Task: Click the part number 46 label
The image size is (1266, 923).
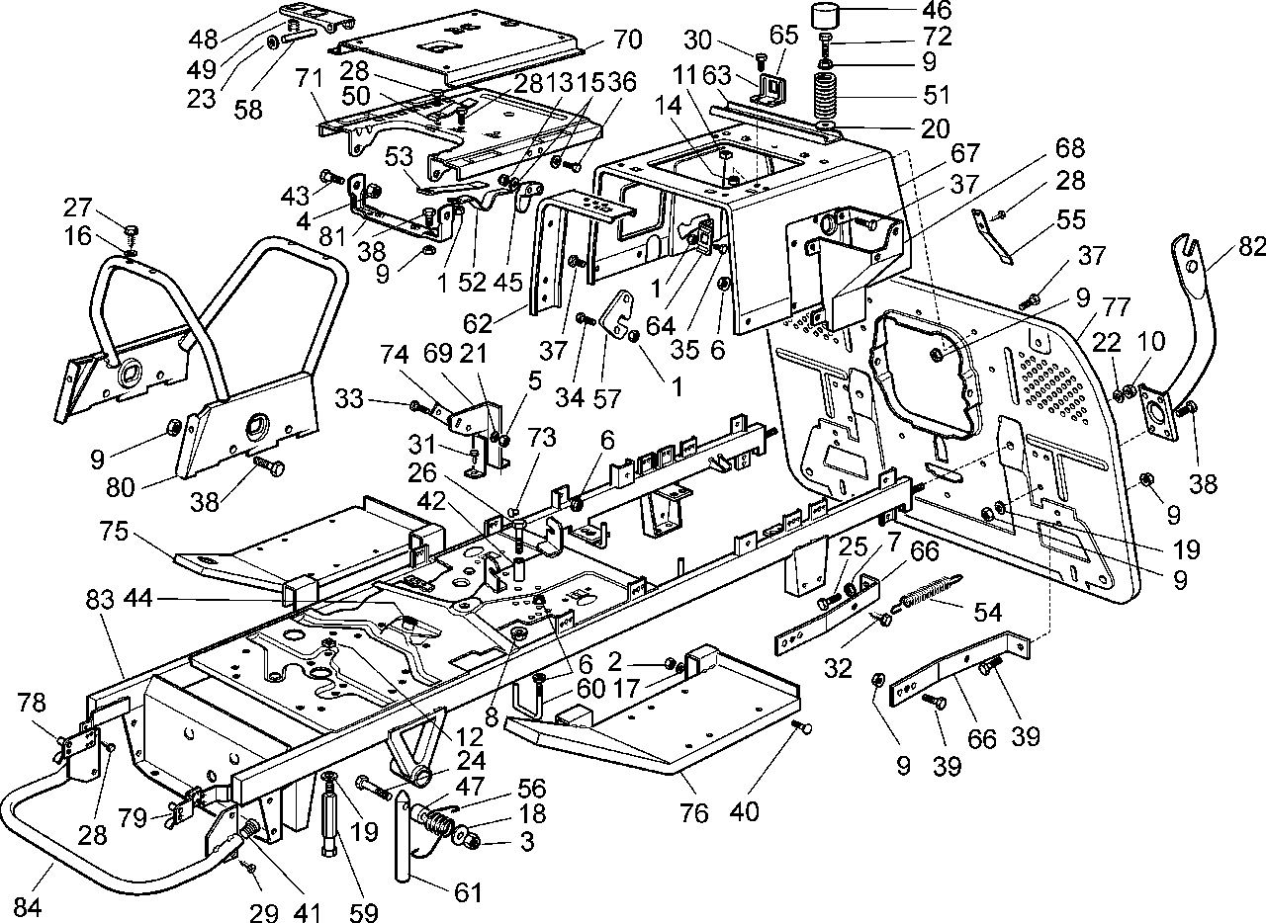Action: point(936,11)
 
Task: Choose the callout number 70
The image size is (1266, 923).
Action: point(627,41)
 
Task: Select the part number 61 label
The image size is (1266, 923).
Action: point(467,892)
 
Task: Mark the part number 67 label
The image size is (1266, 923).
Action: point(965,153)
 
